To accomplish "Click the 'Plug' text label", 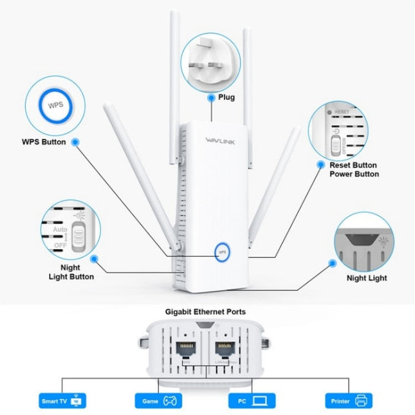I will point(226,98).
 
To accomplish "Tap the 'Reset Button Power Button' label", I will point(354,169).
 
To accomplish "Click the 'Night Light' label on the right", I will point(367,278).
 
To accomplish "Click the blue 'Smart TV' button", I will point(62,401).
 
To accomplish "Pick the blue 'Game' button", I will point(158,401).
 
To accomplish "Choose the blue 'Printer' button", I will point(348,401).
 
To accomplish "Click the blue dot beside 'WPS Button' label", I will point(76,142).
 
